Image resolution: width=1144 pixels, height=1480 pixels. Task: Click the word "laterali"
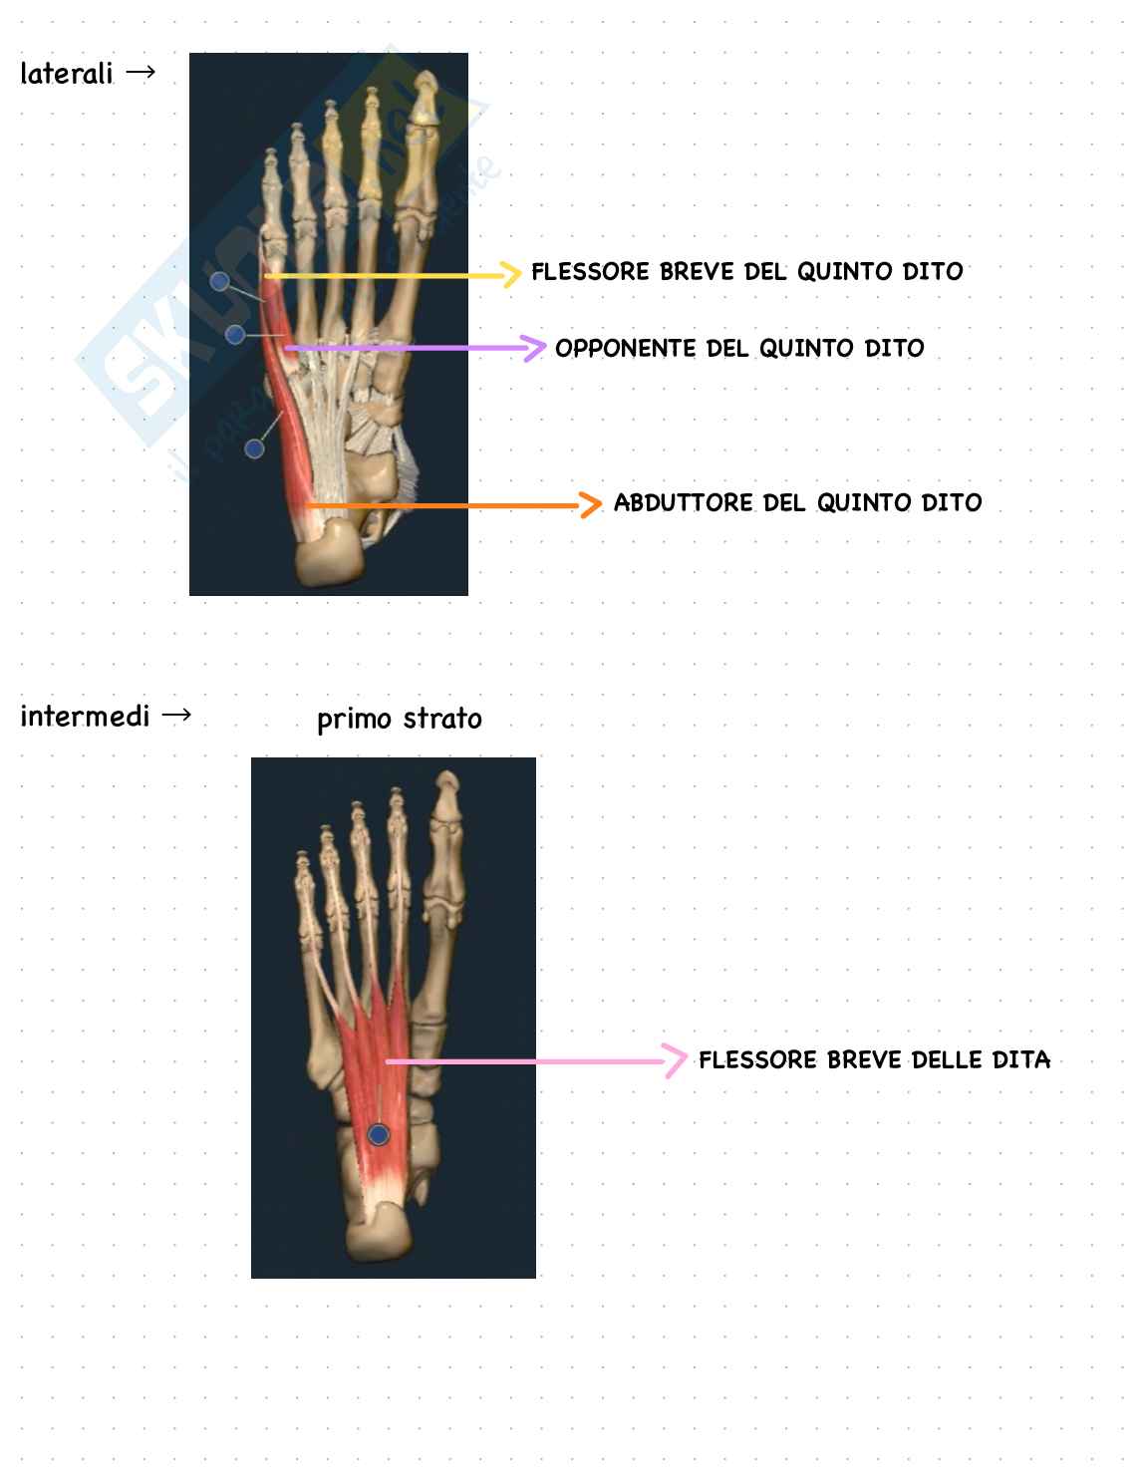pyautogui.click(x=66, y=74)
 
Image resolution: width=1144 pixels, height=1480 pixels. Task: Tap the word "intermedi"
pyautogui.click(x=85, y=717)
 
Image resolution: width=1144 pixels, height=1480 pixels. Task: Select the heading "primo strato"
pyautogui.click(x=399, y=719)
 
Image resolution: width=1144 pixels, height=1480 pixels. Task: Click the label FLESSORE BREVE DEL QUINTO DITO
pyautogui.click(x=746, y=272)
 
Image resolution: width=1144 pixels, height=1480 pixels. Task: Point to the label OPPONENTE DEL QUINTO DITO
pyautogui.click(x=739, y=349)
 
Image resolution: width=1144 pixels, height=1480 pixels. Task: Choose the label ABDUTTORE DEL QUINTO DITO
pyautogui.click(x=797, y=503)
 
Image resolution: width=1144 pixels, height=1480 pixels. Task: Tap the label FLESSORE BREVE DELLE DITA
pyautogui.click(x=874, y=1060)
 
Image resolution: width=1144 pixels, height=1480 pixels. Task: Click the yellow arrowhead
pyautogui.click(x=511, y=274)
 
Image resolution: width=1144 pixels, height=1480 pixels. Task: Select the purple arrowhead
pyautogui.click(x=536, y=348)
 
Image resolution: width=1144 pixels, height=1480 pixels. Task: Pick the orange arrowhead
pyautogui.click(x=591, y=505)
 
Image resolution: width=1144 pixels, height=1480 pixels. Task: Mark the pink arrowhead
pyautogui.click(x=677, y=1060)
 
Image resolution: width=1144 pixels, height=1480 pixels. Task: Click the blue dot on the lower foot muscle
pyautogui.click(x=378, y=1134)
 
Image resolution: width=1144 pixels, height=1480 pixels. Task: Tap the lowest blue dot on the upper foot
pyautogui.click(x=254, y=448)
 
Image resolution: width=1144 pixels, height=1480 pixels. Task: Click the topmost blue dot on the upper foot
pyautogui.click(x=220, y=283)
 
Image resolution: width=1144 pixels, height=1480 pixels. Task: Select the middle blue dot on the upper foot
pyautogui.click(x=235, y=334)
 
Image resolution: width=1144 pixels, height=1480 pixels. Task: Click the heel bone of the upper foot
pyautogui.click(x=330, y=558)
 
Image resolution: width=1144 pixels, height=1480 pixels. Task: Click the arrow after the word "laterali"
pyautogui.click(x=142, y=72)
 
